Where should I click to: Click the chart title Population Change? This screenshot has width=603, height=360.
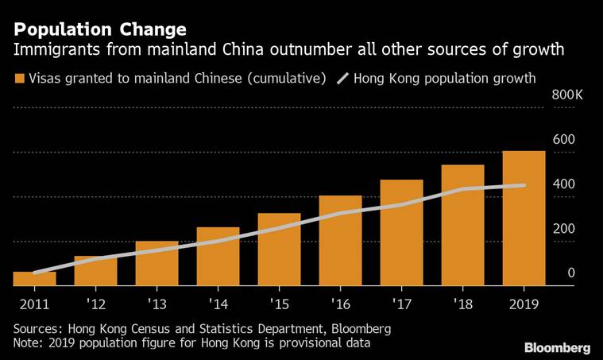(x=100, y=29)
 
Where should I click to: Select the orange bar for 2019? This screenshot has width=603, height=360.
(x=524, y=219)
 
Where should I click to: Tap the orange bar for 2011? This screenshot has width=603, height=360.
(x=34, y=279)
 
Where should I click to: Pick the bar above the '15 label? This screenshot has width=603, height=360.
(x=279, y=250)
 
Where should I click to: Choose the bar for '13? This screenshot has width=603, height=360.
(x=157, y=263)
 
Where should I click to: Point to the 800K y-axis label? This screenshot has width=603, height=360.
(x=568, y=95)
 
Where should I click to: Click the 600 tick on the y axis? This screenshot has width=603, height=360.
(x=564, y=139)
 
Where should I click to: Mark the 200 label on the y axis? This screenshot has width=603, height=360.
(x=564, y=229)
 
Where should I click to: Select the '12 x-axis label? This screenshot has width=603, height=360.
(x=95, y=304)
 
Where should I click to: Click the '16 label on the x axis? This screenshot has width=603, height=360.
(x=340, y=304)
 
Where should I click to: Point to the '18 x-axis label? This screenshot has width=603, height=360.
(x=462, y=304)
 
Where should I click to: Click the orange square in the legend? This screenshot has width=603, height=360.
(x=18, y=79)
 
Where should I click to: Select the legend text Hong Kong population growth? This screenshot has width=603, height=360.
(x=444, y=79)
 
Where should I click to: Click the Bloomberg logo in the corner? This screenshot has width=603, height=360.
(x=557, y=348)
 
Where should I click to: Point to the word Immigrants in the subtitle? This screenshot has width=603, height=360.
(x=50, y=51)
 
